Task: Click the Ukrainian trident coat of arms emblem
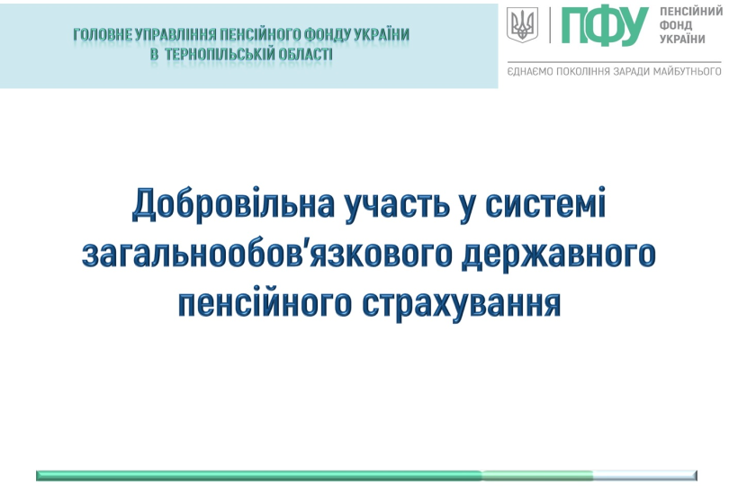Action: [x=522, y=25]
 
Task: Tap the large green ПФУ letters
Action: [x=604, y=27]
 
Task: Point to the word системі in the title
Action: [x=545, y=203]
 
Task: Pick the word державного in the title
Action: [x=559, y=255]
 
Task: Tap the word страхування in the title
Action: [x=461, y=304]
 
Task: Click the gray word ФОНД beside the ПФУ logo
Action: [x=676, y=25]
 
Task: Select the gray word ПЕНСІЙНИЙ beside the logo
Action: [x=691, y=12]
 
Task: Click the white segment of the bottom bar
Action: [x=644, y=475]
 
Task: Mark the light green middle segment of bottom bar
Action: [x=537, y=475]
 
